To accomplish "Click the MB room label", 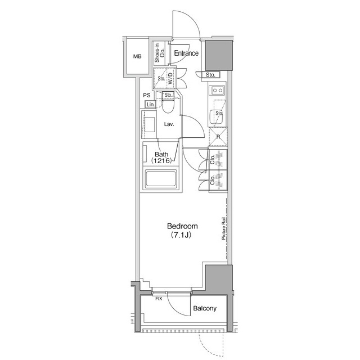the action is (137, 56).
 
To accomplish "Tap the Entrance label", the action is (186, 53).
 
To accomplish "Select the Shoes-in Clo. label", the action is (160, 53).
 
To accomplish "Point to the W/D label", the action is (170, 78).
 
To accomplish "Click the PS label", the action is (147, 95).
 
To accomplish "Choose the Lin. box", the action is (150, 105).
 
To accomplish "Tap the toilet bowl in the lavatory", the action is (168, 105).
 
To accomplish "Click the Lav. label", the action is (169, 124).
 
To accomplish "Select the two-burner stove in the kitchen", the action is (217, 90).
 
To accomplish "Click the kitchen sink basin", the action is (216, 117).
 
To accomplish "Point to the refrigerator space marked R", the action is (218, 137).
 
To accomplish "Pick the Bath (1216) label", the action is (161, 157).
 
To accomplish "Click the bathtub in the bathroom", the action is (161, 178).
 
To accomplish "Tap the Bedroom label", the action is (182, 226).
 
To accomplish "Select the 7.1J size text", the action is (181, 235).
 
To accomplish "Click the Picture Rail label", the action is (223, 228).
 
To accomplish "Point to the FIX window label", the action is (159, 299).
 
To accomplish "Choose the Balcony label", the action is (205, 308).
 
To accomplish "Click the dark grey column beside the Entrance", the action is (219, 55).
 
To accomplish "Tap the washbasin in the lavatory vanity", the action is (150, 124).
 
